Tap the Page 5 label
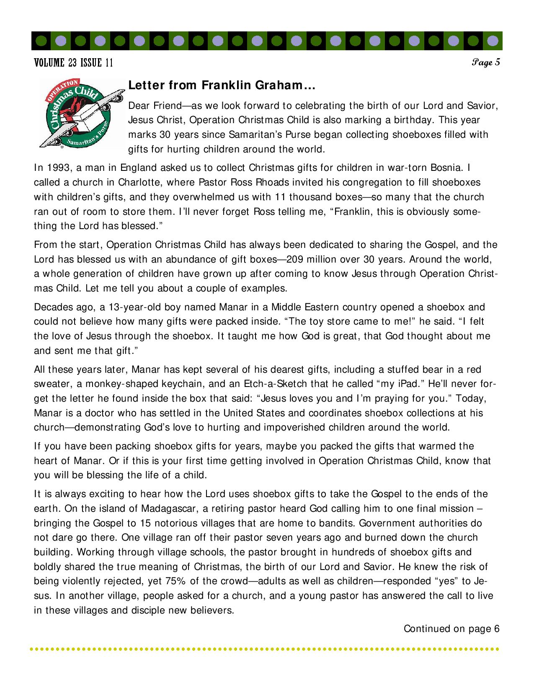[x=486, y=63]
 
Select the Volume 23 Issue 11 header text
[x=73, y=63]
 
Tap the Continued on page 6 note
[x=451, y=629]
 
